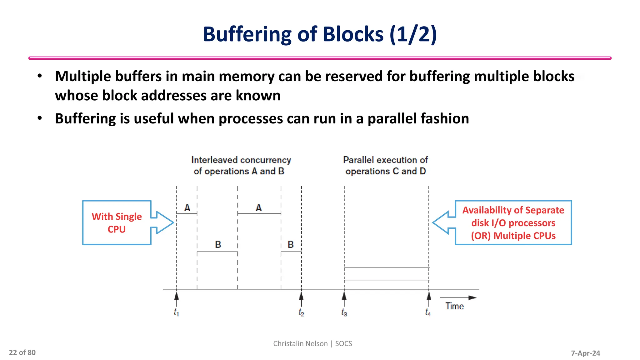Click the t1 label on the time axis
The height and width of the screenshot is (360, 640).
pos(176,312)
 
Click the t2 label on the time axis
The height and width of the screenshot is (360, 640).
pos(301,312)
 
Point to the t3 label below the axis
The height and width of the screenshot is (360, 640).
pos(344,312)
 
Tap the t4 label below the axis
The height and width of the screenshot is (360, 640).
pos(428,312)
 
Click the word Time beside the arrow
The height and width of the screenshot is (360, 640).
pos(454,306)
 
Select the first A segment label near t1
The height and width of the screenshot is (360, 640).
pos(187,207)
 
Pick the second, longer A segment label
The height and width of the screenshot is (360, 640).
pos(259,207)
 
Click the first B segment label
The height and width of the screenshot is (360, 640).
pos(218,245)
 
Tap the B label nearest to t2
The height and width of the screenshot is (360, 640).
pos(291,245)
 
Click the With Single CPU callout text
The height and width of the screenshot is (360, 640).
pos(117,223)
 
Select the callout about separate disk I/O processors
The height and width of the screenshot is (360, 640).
pos(513,223)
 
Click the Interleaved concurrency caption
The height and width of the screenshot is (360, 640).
pos(241,166)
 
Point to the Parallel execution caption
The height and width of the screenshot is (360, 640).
pos(386,166)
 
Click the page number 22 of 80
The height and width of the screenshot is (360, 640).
pos(22,352)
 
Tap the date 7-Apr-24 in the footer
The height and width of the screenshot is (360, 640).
pos(585,353)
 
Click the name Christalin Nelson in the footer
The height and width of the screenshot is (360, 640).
pos(300,343)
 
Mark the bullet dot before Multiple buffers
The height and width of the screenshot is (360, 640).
pos(40,76)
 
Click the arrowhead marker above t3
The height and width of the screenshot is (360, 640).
pos(344,295)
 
